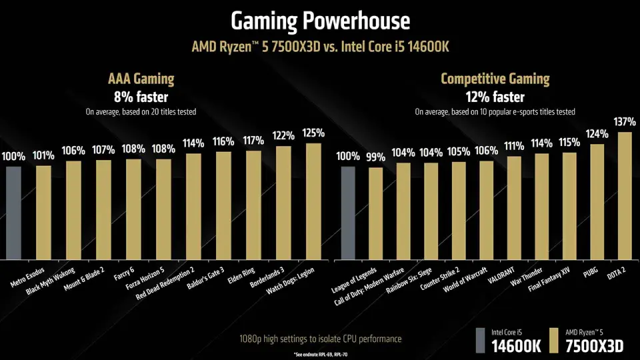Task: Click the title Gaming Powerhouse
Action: pos(320,21)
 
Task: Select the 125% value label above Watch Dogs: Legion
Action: pos(314,133)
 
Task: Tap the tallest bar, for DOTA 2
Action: pos(625,197)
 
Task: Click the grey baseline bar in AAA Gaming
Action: pos(14,213)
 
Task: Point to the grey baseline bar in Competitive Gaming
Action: pos(348,213)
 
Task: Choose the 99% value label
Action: pos(376,157)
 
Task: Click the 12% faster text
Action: pos(495,96)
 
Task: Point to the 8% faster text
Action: pos(140,96)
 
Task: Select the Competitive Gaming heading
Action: pos(495,79)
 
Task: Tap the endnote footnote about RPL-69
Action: pos(320,353)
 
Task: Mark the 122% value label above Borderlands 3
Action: pos(284,136)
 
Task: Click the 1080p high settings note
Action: pos(320,339)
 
